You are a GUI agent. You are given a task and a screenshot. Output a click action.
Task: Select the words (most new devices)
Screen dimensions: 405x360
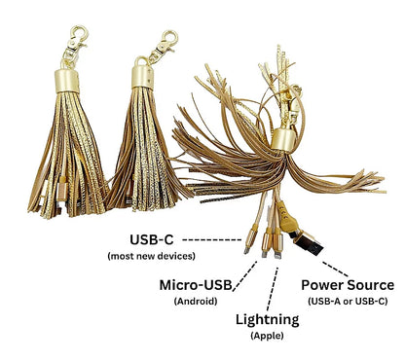[151, 256]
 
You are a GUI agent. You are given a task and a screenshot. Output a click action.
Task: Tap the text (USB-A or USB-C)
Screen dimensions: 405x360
[348, 302]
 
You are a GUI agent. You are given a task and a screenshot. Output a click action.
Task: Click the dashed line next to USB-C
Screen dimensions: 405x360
[212, 239]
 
